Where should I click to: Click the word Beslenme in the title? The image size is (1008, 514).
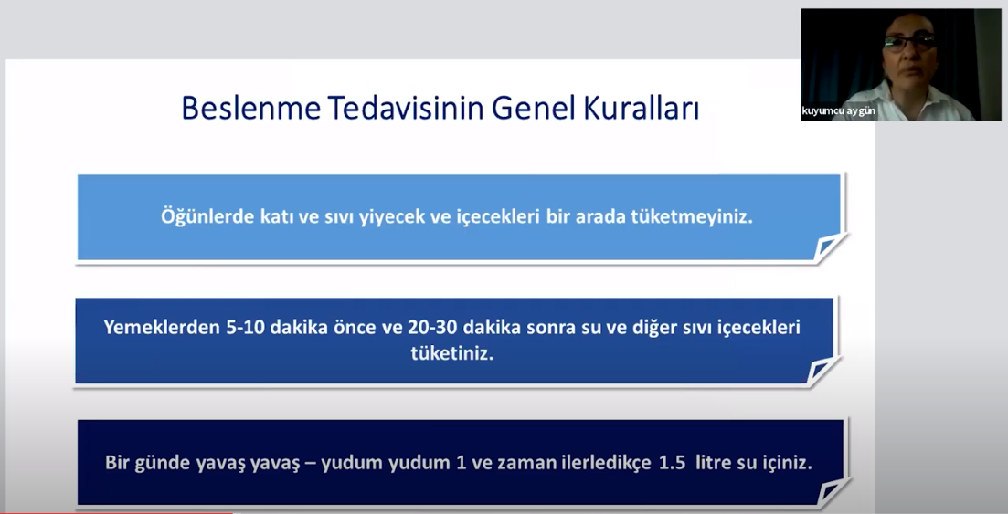[x=251, y=108]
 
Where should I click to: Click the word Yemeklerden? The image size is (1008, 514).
[x=162, y=327]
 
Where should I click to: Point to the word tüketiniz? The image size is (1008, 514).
[x=452, y=353]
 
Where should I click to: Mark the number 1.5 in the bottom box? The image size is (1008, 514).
[x=673, y=463]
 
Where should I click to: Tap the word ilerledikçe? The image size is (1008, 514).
[x=599, y=463]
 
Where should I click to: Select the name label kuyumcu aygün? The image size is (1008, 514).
[x=838, y=111]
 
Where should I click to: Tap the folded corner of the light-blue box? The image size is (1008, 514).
[x=829, y=248]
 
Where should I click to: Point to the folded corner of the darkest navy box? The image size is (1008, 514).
[x=833, y=493]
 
